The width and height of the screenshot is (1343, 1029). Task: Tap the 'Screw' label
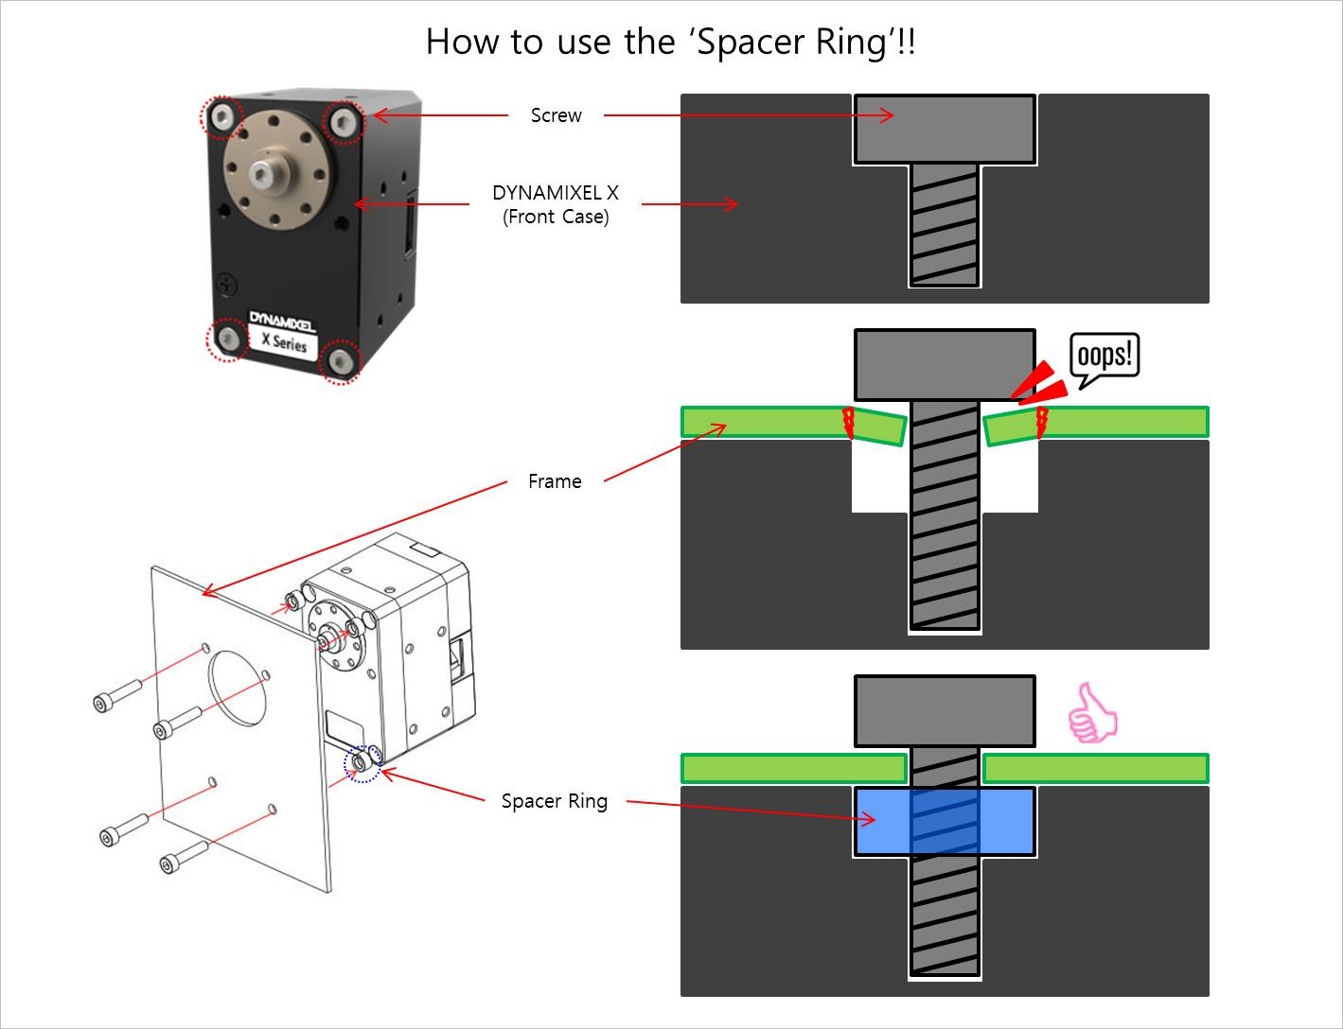[x=556, y=115]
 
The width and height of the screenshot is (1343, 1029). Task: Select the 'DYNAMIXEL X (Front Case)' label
[x=556, y=204]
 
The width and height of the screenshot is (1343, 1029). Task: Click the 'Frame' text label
[x=555, y=481]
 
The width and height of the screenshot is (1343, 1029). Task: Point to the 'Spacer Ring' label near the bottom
[x=555, y=801]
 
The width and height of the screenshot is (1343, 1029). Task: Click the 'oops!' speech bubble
[x=1104, y=357]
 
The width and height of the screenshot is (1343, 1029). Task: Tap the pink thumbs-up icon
[x=1092, y=714]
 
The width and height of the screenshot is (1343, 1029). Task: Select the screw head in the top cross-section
[x=945, y=129]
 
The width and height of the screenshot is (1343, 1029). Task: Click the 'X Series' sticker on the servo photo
[x=285, y=341]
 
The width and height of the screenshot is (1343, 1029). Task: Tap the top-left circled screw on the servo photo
[x=223, y=117]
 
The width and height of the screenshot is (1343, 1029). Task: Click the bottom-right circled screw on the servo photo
[x=340, y=361]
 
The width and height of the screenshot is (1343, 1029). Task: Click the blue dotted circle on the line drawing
[x=362, y=764]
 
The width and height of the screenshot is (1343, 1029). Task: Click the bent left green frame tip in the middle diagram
[x=880, y=427]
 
